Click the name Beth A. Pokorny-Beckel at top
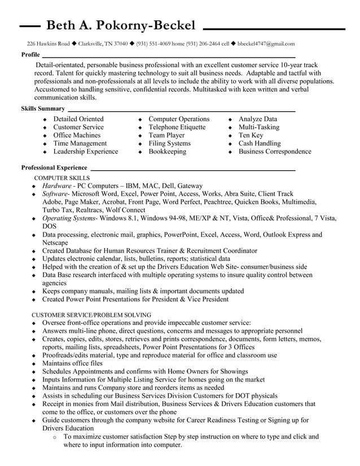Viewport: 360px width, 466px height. [x=121, y=25]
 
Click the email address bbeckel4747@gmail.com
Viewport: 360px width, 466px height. [x=266, y=43]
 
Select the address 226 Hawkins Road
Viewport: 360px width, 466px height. [x=49, y=43]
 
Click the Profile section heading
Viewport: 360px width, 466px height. [x=30, y=55]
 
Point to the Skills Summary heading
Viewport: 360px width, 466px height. [x=43, y=108]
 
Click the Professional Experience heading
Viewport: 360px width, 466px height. [x=54, y=168]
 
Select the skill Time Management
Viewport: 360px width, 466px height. [x=80, y=143]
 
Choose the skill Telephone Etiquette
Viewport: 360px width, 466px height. [x=177, y=127]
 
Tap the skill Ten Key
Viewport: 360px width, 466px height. [x=251, y=135]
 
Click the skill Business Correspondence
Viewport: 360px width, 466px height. [x=275, y=151]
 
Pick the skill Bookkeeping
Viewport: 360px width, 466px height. [x=167, y=151]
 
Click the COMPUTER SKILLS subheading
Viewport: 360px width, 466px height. [x=62, y=177]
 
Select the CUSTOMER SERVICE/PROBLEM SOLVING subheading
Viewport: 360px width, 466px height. [x=91, y=314]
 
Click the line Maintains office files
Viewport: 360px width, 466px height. [x=72, y=363]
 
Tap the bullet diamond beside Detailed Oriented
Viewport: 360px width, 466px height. [x=45, y=120]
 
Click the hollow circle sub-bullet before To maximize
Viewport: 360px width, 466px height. [x=54, y=437]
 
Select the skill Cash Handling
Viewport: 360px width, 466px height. [x=259, y=143]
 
